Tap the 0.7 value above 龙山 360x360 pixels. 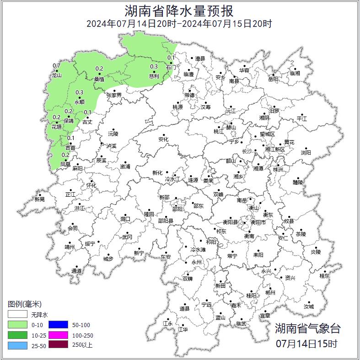coord(57,65)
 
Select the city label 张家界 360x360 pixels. coord(114,95)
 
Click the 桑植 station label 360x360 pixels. coord(99,79)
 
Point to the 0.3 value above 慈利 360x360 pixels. coord(154,66)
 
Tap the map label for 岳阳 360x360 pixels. coord(273,79)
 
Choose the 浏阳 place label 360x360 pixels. coord(306,152)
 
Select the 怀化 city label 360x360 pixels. coord(91,185)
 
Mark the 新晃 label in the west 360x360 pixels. coord(39,199)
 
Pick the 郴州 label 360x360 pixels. coord(270,293)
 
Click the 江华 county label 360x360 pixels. coord(183,329)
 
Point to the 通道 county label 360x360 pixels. coord(76,271)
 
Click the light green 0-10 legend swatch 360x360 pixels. coord(17,325)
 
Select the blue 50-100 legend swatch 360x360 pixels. coord(58,325)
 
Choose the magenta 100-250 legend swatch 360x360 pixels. coord(58,335)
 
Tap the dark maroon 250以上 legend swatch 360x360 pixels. coord(58,345)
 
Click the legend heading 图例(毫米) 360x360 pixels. coord(24,304)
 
